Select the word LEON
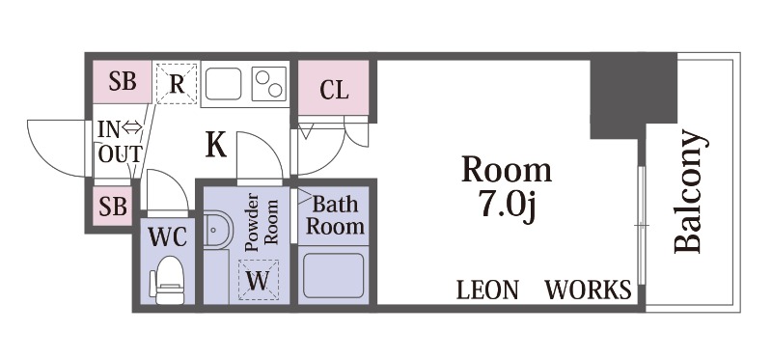click(488, 290)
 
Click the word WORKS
click(589, 290)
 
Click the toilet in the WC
click(170, 279)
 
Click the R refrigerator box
click(176, 83)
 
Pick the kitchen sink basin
click(224, 83)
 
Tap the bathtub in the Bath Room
click(333, 275)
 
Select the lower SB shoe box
click(114, 207)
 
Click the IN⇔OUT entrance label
click(118, 142)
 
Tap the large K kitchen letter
click(215, 146)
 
